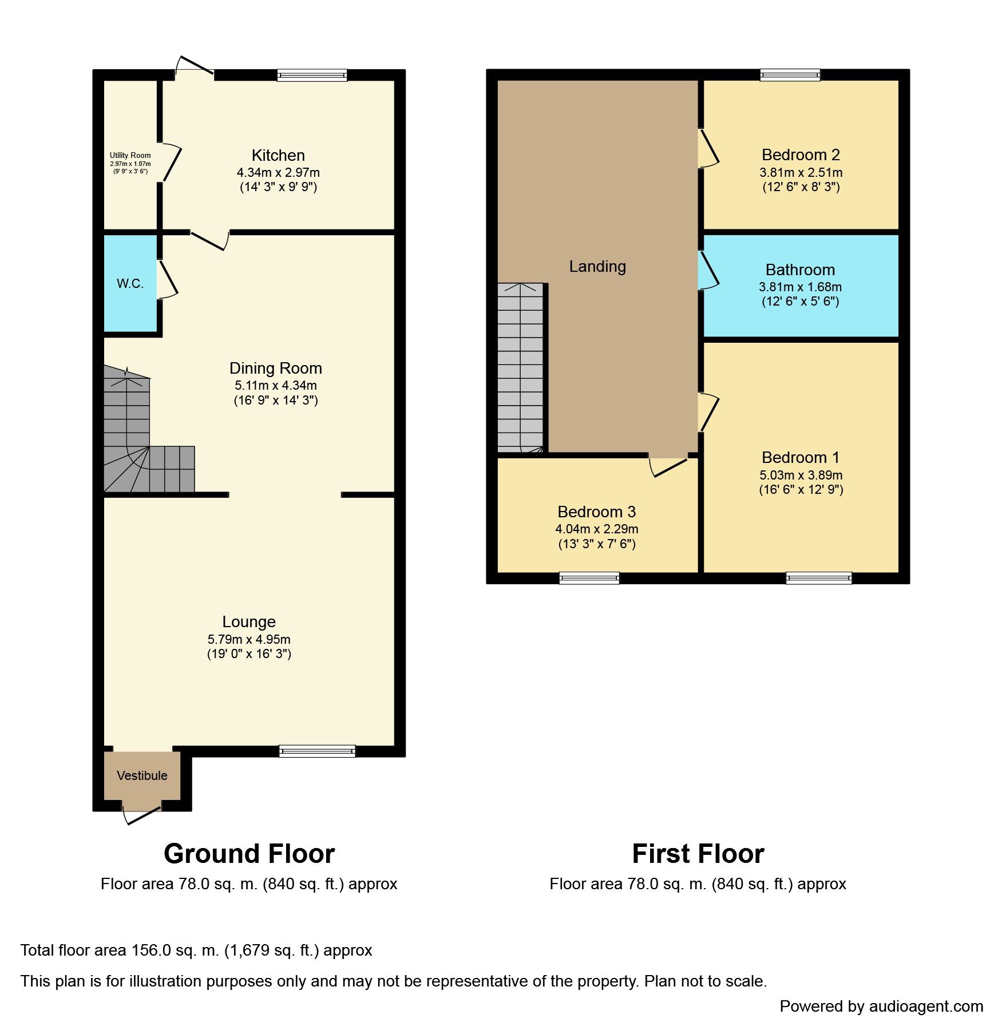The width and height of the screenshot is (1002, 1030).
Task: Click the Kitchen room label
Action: [278, 156]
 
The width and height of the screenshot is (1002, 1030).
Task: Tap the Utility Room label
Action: [130, 155]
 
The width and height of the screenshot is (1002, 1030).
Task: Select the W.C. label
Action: [130, 283]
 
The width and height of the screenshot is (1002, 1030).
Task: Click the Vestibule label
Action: [142, 775]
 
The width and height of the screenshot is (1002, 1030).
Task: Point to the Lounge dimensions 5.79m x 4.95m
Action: [249, 639]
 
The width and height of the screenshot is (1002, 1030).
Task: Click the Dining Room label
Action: [276, 368]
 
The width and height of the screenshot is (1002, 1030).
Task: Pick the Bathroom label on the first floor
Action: [800, 270]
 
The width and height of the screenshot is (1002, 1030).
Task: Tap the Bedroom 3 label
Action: [597, 512]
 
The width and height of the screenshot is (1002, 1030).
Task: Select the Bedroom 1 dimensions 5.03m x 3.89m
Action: [801, 475]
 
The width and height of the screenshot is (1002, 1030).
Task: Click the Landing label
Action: [597, 267]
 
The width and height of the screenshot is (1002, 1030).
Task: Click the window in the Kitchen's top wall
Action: [312, 75]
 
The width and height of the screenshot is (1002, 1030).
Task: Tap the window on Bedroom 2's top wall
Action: [790, 75]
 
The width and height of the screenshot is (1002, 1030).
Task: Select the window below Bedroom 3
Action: [589, 578]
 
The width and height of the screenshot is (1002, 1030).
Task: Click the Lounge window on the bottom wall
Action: [317, 751]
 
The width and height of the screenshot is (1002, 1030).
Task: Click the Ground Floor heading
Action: [249, 854]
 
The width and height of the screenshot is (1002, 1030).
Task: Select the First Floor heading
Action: [698, 854]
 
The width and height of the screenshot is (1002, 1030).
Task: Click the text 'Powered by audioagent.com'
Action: [881, 1007]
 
